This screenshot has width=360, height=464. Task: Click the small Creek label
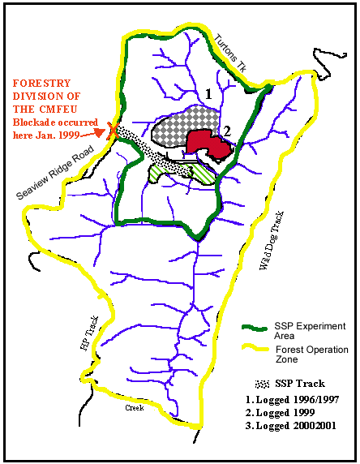(x=134, y=408)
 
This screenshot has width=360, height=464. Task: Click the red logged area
(x=208, y=146)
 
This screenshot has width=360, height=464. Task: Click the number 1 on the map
(x=208, y=94)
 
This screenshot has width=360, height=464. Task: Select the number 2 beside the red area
(x=228, y=130)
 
